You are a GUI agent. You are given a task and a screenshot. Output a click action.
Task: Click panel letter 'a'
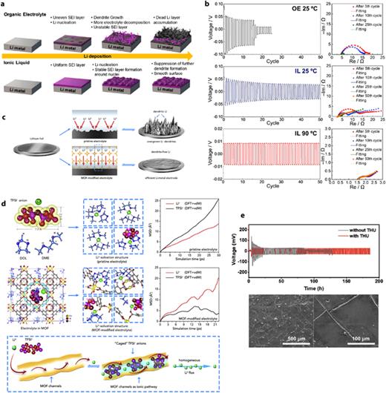(x=4, y=4)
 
